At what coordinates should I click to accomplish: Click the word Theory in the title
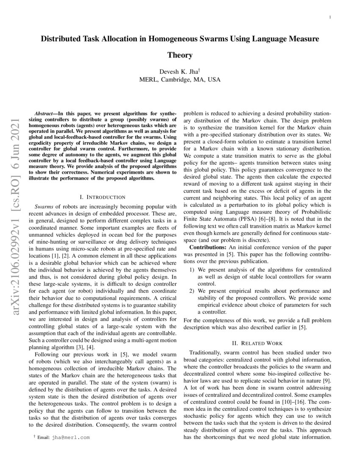[x=180, y=55]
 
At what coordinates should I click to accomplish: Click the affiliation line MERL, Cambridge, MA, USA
[x=180, y=79]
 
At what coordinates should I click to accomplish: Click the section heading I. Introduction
[x=103, y=197]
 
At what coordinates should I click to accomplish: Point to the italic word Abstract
[x=43, y=114]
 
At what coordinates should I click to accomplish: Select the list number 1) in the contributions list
[x=191, y=269]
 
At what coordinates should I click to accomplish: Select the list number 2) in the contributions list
[x=191, y=291]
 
